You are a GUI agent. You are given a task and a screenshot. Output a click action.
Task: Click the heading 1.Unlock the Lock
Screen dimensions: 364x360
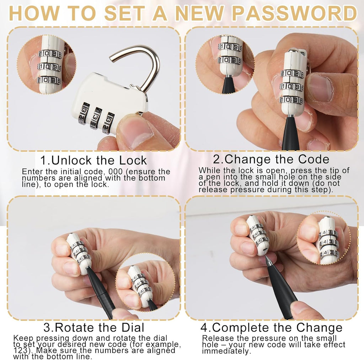pyautogui.click(x=93, y=160)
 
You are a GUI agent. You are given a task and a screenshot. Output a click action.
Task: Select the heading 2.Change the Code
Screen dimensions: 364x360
pyautogui.click(x=271, y=159)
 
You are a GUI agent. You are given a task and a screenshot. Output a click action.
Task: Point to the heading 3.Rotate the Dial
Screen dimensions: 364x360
pyautogui.click(x=94, y=327)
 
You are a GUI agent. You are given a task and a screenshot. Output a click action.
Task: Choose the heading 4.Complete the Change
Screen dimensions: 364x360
pyautogui.click(x=271, y=328)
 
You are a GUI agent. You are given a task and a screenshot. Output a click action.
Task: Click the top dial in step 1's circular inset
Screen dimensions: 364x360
pyautogui.click(x=50, y=54)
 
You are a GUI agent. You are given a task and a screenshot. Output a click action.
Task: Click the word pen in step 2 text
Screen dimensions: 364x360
pyautogui.click(x=209, y=177)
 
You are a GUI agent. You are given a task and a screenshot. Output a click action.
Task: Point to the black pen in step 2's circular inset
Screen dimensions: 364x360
pyautogui.click(x=229, y=85)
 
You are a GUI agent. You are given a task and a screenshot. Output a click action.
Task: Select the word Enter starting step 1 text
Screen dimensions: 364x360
pyautogui.click(x=32, y=172)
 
